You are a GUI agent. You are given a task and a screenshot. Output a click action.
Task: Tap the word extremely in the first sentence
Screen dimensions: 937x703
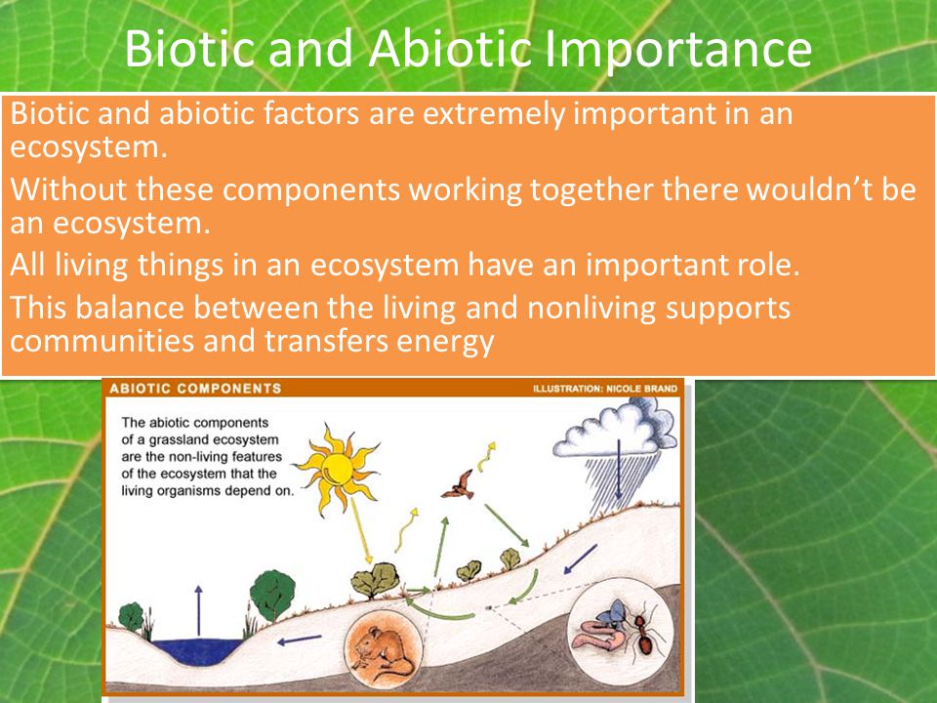point(493,114)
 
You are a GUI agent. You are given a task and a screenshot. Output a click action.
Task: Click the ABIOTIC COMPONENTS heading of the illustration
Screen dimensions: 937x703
point(195,389)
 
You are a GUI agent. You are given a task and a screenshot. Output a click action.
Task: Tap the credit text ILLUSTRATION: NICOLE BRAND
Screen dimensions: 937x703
point(605,389)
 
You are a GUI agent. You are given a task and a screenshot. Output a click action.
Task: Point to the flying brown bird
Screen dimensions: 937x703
point(459,485)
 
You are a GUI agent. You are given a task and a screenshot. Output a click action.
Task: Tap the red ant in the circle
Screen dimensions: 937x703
point(642,634)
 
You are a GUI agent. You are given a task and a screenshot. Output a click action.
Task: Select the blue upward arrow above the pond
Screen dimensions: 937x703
point(198,610)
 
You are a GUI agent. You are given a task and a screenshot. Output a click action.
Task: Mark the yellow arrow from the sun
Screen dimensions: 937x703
point(361,530)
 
